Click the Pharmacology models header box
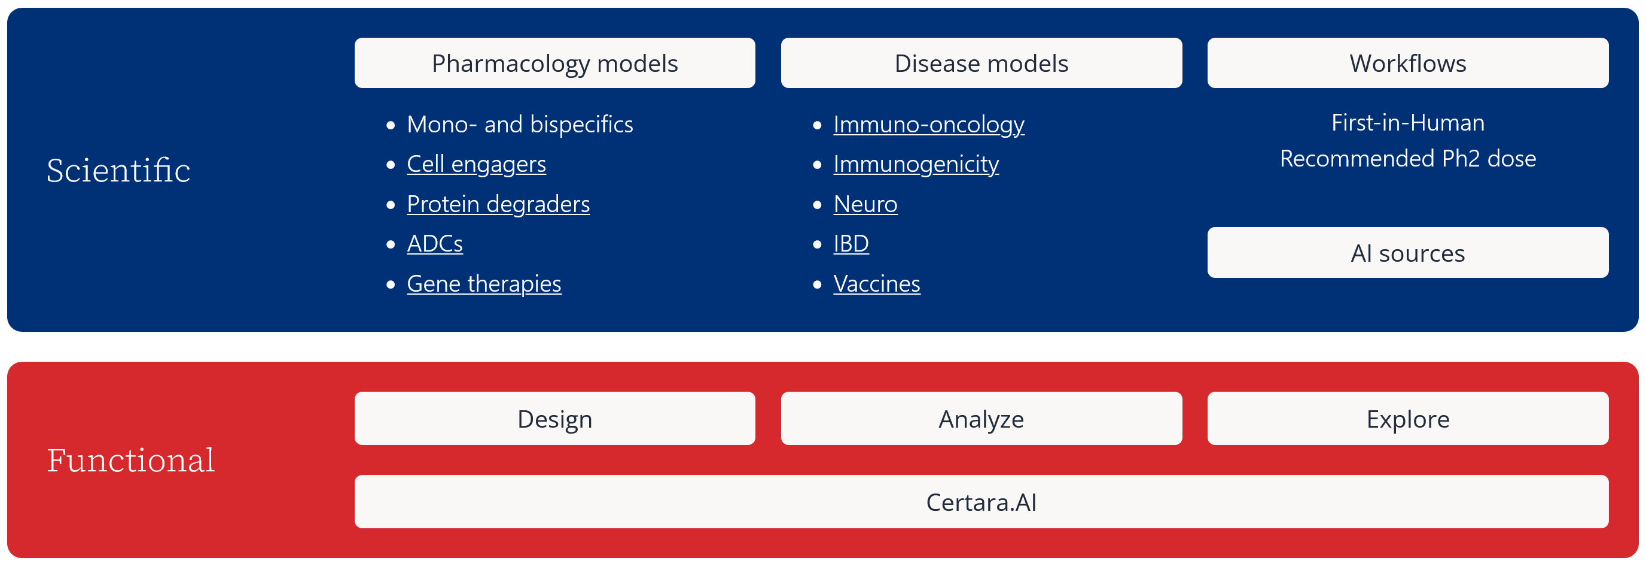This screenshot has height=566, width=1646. click(554, 63)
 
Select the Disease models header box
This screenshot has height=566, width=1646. click(981, 63)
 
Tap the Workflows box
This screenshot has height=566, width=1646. click(1408, 63)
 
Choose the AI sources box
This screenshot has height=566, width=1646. click(1408, 253)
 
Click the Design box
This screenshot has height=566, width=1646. click(554, 418)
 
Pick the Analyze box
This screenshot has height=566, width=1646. click(981, 418)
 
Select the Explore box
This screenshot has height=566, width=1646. click(1408, 418)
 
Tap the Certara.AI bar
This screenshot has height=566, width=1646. click(981, 501)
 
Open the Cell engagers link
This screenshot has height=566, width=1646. click(477, 164)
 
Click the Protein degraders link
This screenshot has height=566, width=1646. click(498, 204)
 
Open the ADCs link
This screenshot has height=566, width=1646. click(435, 244)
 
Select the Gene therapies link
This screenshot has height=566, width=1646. click(484, 283)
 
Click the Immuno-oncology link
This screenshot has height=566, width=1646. click(929, 124)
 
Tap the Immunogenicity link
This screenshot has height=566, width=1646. click(916, 164)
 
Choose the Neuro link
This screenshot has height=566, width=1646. click(866, 204)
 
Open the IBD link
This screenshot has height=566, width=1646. click(851, 244)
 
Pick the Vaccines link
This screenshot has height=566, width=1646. click(877, 283)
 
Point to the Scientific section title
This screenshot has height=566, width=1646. click(118, 170)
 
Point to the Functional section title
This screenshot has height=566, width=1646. click(131, 460)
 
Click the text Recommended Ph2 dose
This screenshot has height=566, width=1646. click(1408, 159)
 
